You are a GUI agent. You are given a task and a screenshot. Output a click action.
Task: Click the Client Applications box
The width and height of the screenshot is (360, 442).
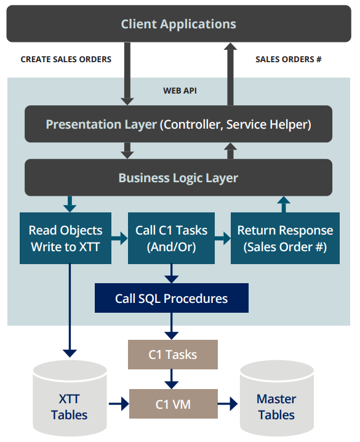(x=179, y=23)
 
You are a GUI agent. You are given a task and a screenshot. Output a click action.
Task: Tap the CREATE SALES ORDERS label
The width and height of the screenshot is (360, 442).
(x=66, y=60)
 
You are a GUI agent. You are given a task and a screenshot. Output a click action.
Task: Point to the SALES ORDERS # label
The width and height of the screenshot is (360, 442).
(x=289, y=60)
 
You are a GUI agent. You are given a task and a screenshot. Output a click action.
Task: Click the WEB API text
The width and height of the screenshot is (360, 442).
(x=180, y=90)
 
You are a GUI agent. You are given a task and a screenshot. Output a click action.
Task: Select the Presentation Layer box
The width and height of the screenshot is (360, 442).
(x=178, y=124)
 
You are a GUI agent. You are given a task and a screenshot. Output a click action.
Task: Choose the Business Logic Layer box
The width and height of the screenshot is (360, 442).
(x=178, y=177)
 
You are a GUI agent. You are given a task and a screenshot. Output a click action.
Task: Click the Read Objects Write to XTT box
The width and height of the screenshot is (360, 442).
(x=65, y=238)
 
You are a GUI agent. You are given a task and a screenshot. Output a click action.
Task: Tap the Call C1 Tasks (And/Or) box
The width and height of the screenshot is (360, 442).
(x=171, y=238)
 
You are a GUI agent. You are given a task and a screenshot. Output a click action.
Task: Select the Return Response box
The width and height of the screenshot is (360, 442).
(x=285, y=238)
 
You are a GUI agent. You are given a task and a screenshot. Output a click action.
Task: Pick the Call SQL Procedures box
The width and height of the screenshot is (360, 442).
(x=172, y=298)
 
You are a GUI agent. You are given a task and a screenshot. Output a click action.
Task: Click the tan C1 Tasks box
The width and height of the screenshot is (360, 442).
(x=173, y=355)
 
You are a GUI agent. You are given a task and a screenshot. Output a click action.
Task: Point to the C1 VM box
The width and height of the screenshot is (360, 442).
(x=174, y=404)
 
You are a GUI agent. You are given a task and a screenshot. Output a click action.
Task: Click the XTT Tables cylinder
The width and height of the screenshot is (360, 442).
(x=70, y=398)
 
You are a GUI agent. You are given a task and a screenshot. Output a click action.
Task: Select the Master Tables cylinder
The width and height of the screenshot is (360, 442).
(x=277, y=398)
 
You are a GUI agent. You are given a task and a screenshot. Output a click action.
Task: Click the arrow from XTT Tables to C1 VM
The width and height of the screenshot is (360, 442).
(x=119, y=404)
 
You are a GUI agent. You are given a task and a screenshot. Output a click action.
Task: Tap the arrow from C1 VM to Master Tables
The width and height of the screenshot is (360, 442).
(x=228, y=404)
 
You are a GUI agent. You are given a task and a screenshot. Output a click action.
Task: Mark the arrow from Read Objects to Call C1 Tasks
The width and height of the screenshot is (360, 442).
(x=119, y=238)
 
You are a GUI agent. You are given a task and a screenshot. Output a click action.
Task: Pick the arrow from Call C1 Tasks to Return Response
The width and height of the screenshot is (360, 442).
(x=223, y=238)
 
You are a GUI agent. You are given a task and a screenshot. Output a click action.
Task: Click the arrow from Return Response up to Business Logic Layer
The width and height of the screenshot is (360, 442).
(x=284, y=204)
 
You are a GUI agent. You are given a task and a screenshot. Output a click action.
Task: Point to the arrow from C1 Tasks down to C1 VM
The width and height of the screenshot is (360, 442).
(x=171, y=379)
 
